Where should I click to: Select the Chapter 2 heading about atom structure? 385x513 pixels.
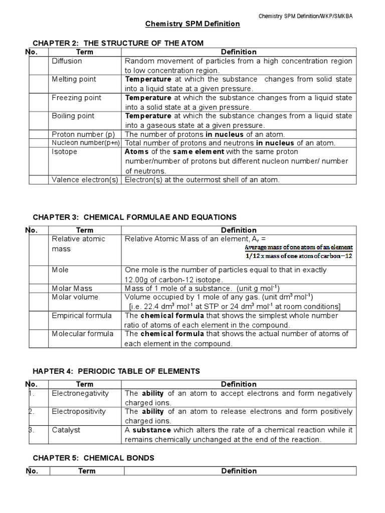pos(118,43)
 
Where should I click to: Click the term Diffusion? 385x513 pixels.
pos(67,61)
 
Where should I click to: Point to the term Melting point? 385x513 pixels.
pos(74,79)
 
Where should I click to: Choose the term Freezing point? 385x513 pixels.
pos(76,98)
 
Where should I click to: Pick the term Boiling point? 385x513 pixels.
pos(73,116)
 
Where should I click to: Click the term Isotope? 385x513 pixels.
pos(65,152)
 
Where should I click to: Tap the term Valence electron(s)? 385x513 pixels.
pos(85,180)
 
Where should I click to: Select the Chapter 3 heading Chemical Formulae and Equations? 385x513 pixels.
pos(134,217)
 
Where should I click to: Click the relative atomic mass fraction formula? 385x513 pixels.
pos(299,251)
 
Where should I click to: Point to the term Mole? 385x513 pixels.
pos(60,270)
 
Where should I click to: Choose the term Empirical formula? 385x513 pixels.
pos(82,316)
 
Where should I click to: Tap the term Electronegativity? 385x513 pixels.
pos(80,393)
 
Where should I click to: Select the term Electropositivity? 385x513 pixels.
pos(79,411)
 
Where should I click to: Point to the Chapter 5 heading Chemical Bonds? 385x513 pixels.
pos(93,458)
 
